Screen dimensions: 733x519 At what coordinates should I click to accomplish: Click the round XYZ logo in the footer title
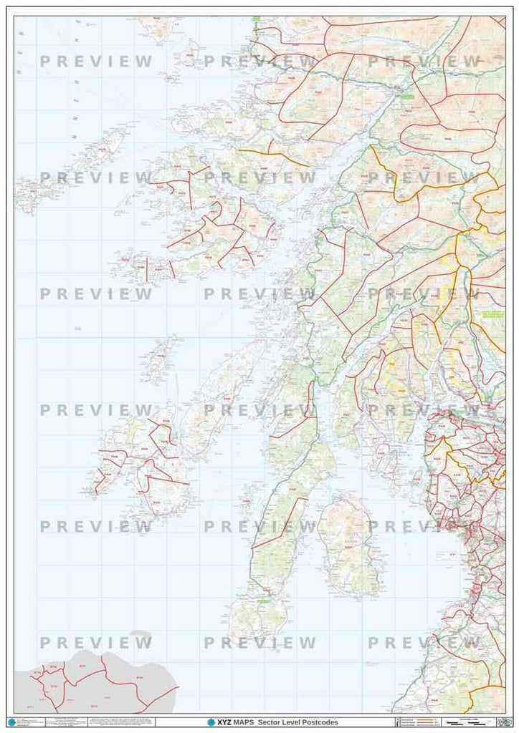211,722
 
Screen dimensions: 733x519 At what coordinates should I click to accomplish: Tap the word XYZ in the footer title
224,722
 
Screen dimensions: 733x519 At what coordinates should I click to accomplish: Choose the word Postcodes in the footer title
320,722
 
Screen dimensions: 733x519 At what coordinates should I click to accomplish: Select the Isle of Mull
208,215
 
